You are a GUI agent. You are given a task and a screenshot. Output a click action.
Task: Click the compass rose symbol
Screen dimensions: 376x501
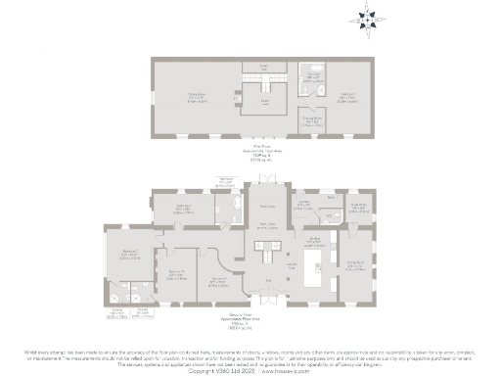click(367, 17)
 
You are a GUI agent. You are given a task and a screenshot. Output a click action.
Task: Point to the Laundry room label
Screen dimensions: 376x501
click(304, 205)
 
